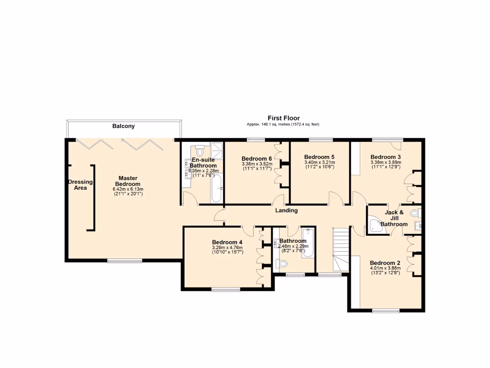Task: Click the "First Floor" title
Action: point(283,118)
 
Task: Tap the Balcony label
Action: point(123,126)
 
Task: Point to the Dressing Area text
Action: point(80,185)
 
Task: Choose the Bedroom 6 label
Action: point(257,159)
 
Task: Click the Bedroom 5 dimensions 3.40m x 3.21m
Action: point(319,162)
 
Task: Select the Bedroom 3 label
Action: point(385,157)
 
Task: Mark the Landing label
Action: point(286,210)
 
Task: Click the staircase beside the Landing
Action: point(342,249)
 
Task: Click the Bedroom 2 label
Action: point(385,263)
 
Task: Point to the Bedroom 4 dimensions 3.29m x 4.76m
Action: point(227,247)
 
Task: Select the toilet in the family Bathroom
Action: point(282,263)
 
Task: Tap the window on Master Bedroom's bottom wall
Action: point(124,261)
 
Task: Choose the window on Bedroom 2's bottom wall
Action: point(386,311)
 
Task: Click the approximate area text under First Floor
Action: point(283,125)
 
